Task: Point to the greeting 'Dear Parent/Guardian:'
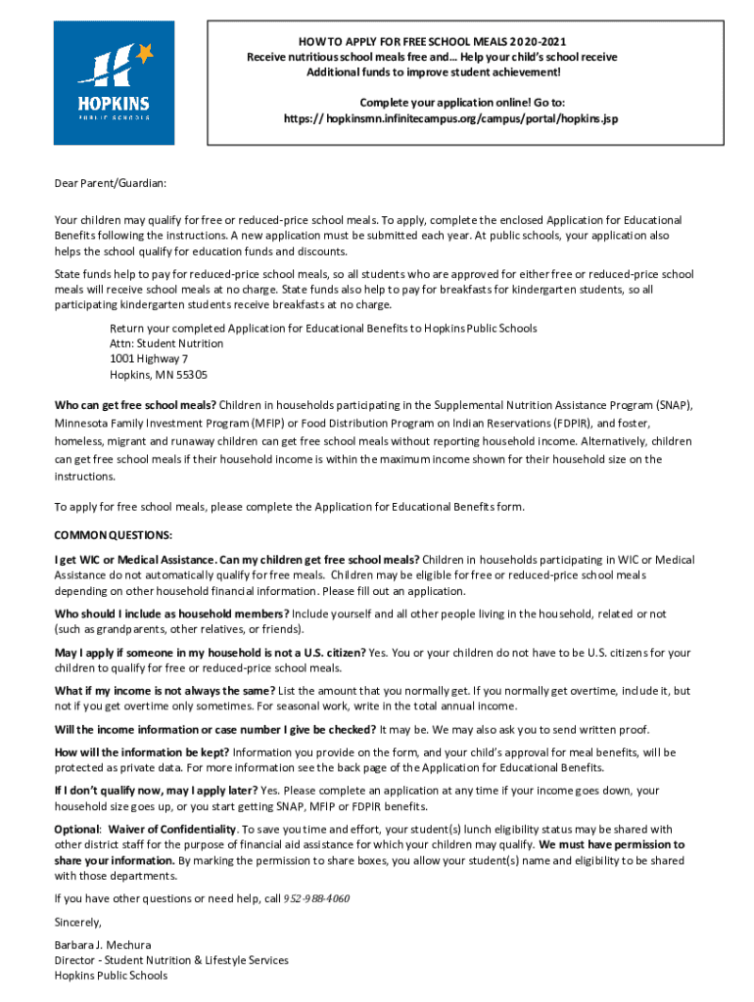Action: (x=111, y=183)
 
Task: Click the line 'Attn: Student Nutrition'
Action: (x=166, y=343)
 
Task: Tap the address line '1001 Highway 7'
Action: (x=149, y=359)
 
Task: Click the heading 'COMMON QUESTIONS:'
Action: (x=114, y=535)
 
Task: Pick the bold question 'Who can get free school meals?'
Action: (x=135, y=404)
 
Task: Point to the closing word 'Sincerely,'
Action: (x=78, y=922)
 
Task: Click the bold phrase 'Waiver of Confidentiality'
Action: (x=172, y=829)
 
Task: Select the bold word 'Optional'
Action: (x=77, y=829)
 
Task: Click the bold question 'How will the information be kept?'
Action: (x=142, y=751)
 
